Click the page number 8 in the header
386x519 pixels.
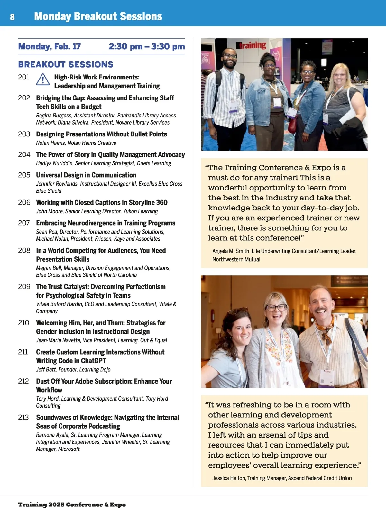coord(12,17)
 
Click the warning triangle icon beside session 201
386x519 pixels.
coord(43,79)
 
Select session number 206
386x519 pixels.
coord(24,202)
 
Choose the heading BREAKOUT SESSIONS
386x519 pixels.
coord(66,64)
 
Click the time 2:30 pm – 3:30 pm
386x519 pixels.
coord(147,46)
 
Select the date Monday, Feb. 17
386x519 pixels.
coord(49,46)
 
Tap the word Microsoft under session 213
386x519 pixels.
coord(69,449)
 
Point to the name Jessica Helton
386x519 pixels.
coord(229,478)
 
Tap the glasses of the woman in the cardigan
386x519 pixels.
coord(276,307)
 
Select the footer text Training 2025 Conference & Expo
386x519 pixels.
coord(72,505)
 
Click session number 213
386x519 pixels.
coord(23,417)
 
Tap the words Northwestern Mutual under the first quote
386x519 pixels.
coord(236,259)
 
